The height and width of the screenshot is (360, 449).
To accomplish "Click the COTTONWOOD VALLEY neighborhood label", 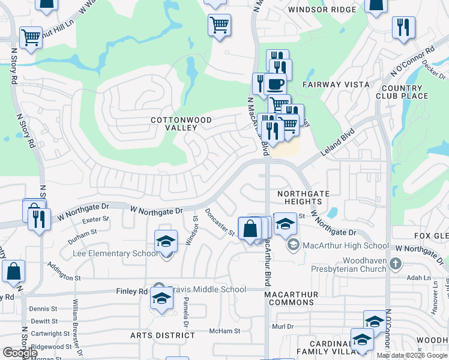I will click(x=181, y=124).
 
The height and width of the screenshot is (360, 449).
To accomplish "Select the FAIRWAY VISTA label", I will click(x=336, y=85).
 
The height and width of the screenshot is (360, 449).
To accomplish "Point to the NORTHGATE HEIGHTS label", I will click(x=304, y=197).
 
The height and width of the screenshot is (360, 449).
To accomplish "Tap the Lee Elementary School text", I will click(x=115, y=253).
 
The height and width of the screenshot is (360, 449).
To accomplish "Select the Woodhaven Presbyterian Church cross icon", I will click(x=395, y=263).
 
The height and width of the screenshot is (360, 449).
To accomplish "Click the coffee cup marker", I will click(x=276, y=85).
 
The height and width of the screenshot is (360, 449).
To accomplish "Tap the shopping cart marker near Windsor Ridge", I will click(x=220, y=25).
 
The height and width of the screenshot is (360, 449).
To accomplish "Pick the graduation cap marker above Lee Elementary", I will click(x=166, y=241).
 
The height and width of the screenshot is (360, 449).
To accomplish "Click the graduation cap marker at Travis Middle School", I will click(x=161, y=298).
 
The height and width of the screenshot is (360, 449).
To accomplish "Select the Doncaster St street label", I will click(x=219, y=223).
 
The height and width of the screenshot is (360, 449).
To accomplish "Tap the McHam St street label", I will click(x=224, y=331).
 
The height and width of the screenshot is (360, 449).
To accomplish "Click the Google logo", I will click(x=20, y=353).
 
